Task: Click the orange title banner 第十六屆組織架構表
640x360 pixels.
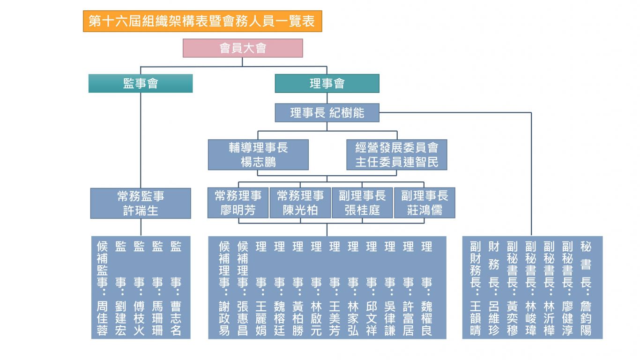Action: click(202, 22)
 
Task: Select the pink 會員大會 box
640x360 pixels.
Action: click(243, 48)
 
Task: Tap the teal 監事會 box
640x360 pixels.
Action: click(141, 83)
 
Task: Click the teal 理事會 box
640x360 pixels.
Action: click(327, 83)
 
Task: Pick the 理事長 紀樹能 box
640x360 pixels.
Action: click(327, 112)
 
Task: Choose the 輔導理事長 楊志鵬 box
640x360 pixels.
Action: click(258, 155)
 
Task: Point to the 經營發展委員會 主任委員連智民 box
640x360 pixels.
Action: click(396, 155)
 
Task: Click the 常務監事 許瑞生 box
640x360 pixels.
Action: click(141, 203)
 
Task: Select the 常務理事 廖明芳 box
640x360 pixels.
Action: click(238, 203)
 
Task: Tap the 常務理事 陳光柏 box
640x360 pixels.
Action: click(300, 203)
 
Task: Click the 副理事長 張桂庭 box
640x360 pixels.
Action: click(362, 203)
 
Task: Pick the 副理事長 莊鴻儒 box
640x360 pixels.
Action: click(424, 203)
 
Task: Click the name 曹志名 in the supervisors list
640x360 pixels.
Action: click(176, 319)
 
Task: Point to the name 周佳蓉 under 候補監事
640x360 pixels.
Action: click(102, 319)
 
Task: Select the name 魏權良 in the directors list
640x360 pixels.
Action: click(426, 319)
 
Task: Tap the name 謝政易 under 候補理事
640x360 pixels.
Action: click(224, 319)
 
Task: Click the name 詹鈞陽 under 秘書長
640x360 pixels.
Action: click(586, 319)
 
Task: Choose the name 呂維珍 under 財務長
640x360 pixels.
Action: click(494, 319)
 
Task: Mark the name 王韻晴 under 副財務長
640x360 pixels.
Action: click(475, 319)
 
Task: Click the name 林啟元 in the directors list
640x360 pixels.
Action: click(316, 319)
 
